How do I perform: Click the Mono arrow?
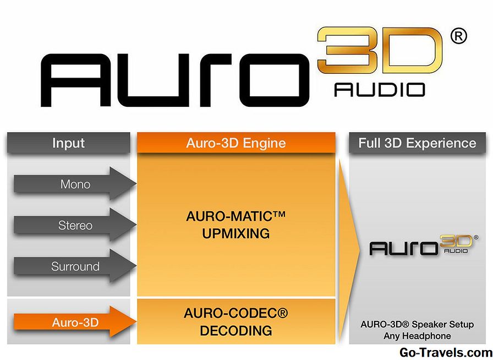[x=74, y=184]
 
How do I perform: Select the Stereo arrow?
[x=74, y=225]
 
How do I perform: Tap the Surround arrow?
[x=74, y=266]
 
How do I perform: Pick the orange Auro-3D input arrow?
[x=74, y=323]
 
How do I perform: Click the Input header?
[x=69, y=143]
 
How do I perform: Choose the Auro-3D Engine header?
[x=236, y=143]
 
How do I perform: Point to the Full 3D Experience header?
[x=417, y=143]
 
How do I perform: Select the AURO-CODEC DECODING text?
[x=235, y=322]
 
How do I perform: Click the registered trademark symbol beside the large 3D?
[x=458, y=36]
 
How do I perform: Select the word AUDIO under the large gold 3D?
[x=380, y=90]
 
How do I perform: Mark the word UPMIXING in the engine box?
[x=235, y=233]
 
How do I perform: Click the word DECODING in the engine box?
[x=235, y=330]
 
